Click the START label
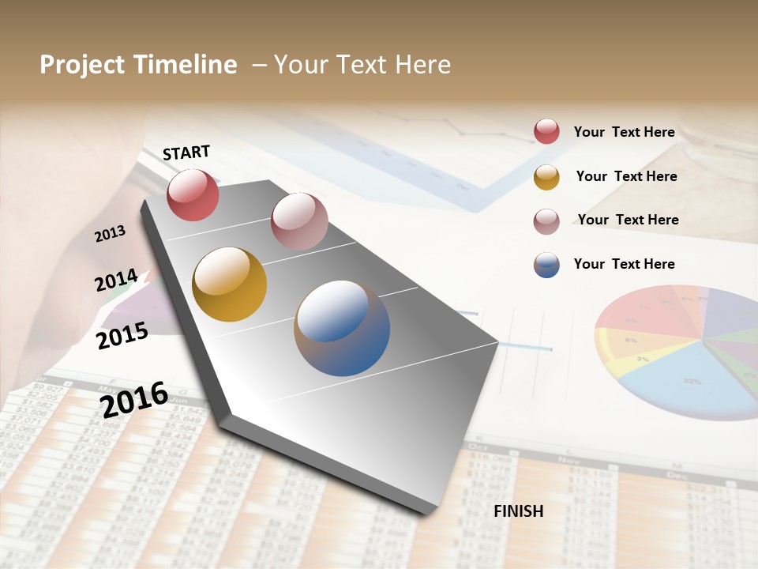pyautogui.click(x=186, y=153)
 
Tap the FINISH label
pyautogui.click(x=518, y=511)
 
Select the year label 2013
pyautogui.click(x=110, y=234)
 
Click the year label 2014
pyautogui.click(x=116, y=281)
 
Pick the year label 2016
pyautogui.click(x=134, y=399)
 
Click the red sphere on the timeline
pyautogui.click(x=193, y=194)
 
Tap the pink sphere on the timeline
pyautogui.click(x=299, y=221)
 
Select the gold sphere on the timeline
pyautogui.click(x=230, y=284)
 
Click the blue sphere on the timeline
pyautogui.click(x=342, y=328)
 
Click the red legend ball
pyautogui.click(x=546, y=132)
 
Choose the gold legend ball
pyautogui.click(x=546, y=177)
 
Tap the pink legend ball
pyautogui.click(x=546, y=221)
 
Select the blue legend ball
pyautogui.click(x=546, y=265)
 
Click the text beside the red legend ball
pyautogui.click(x=624, y=132)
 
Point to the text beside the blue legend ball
pyautogui.click(x=624, y=264)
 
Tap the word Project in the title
pyautogui.click(x=82, y=65)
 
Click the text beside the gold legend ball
pyautogui.click(x=626, y=176)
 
